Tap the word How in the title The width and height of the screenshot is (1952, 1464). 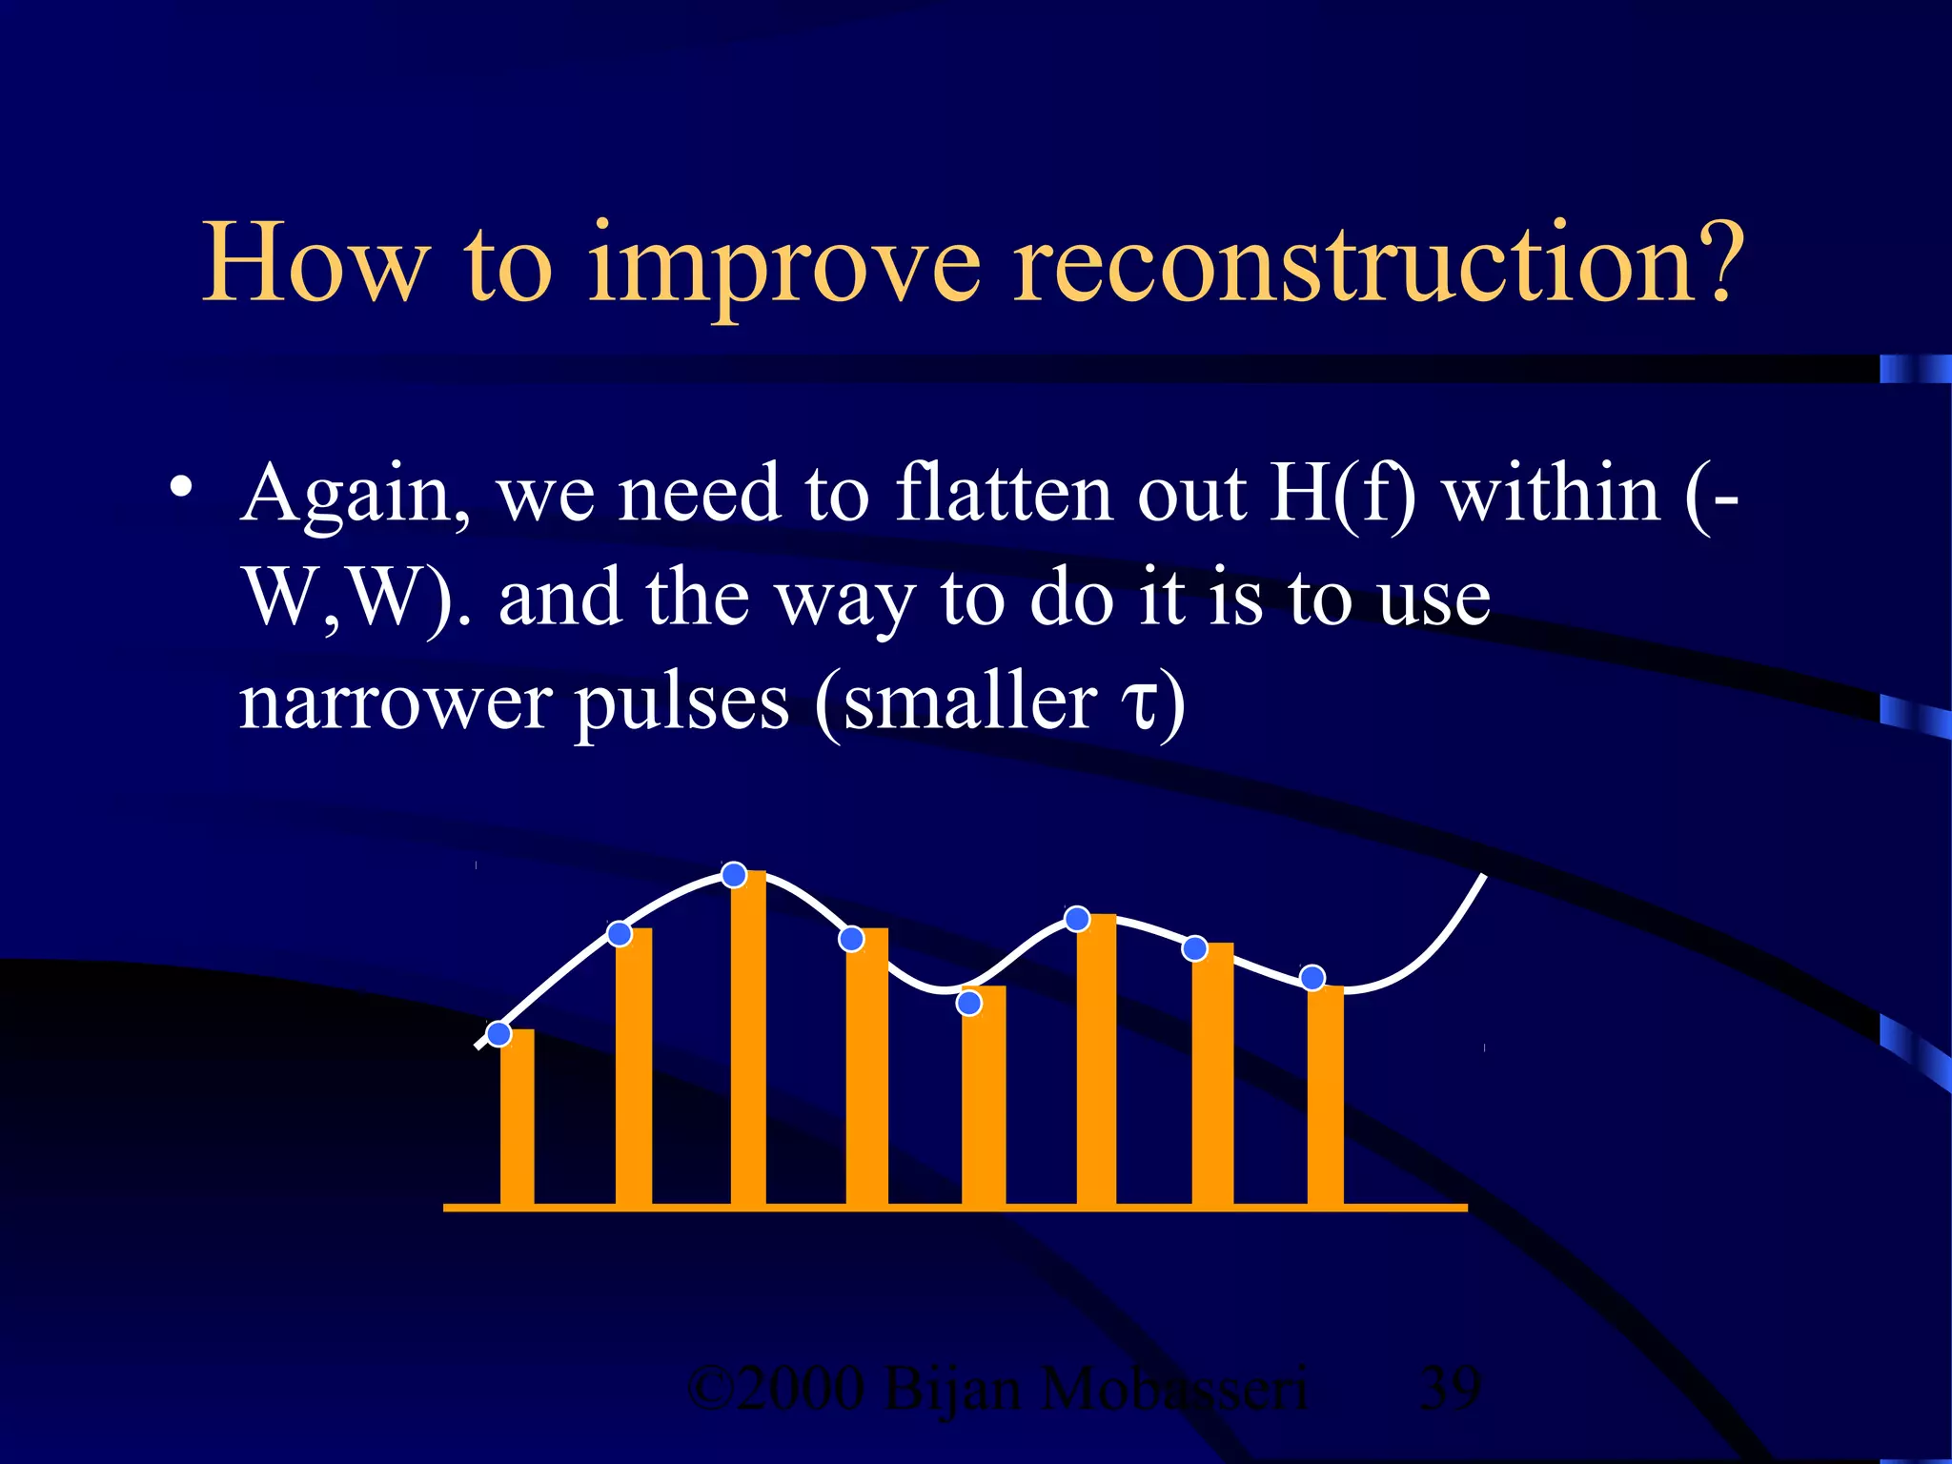point(315,262)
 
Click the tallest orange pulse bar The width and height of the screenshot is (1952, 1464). point(748,1039)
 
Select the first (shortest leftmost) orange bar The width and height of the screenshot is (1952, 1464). point(517,1117)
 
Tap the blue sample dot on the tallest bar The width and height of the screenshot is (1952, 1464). point(734,874)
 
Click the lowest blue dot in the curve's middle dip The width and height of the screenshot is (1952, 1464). point(968,1003)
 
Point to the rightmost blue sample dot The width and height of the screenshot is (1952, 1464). point(1312,977)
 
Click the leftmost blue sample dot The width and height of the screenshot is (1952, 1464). point(498,1033)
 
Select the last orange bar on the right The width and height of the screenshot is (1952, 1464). point(1325,1096)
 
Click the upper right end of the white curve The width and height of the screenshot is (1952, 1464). point(1483,877)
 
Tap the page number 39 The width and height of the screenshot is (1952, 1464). point(1450,1390)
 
